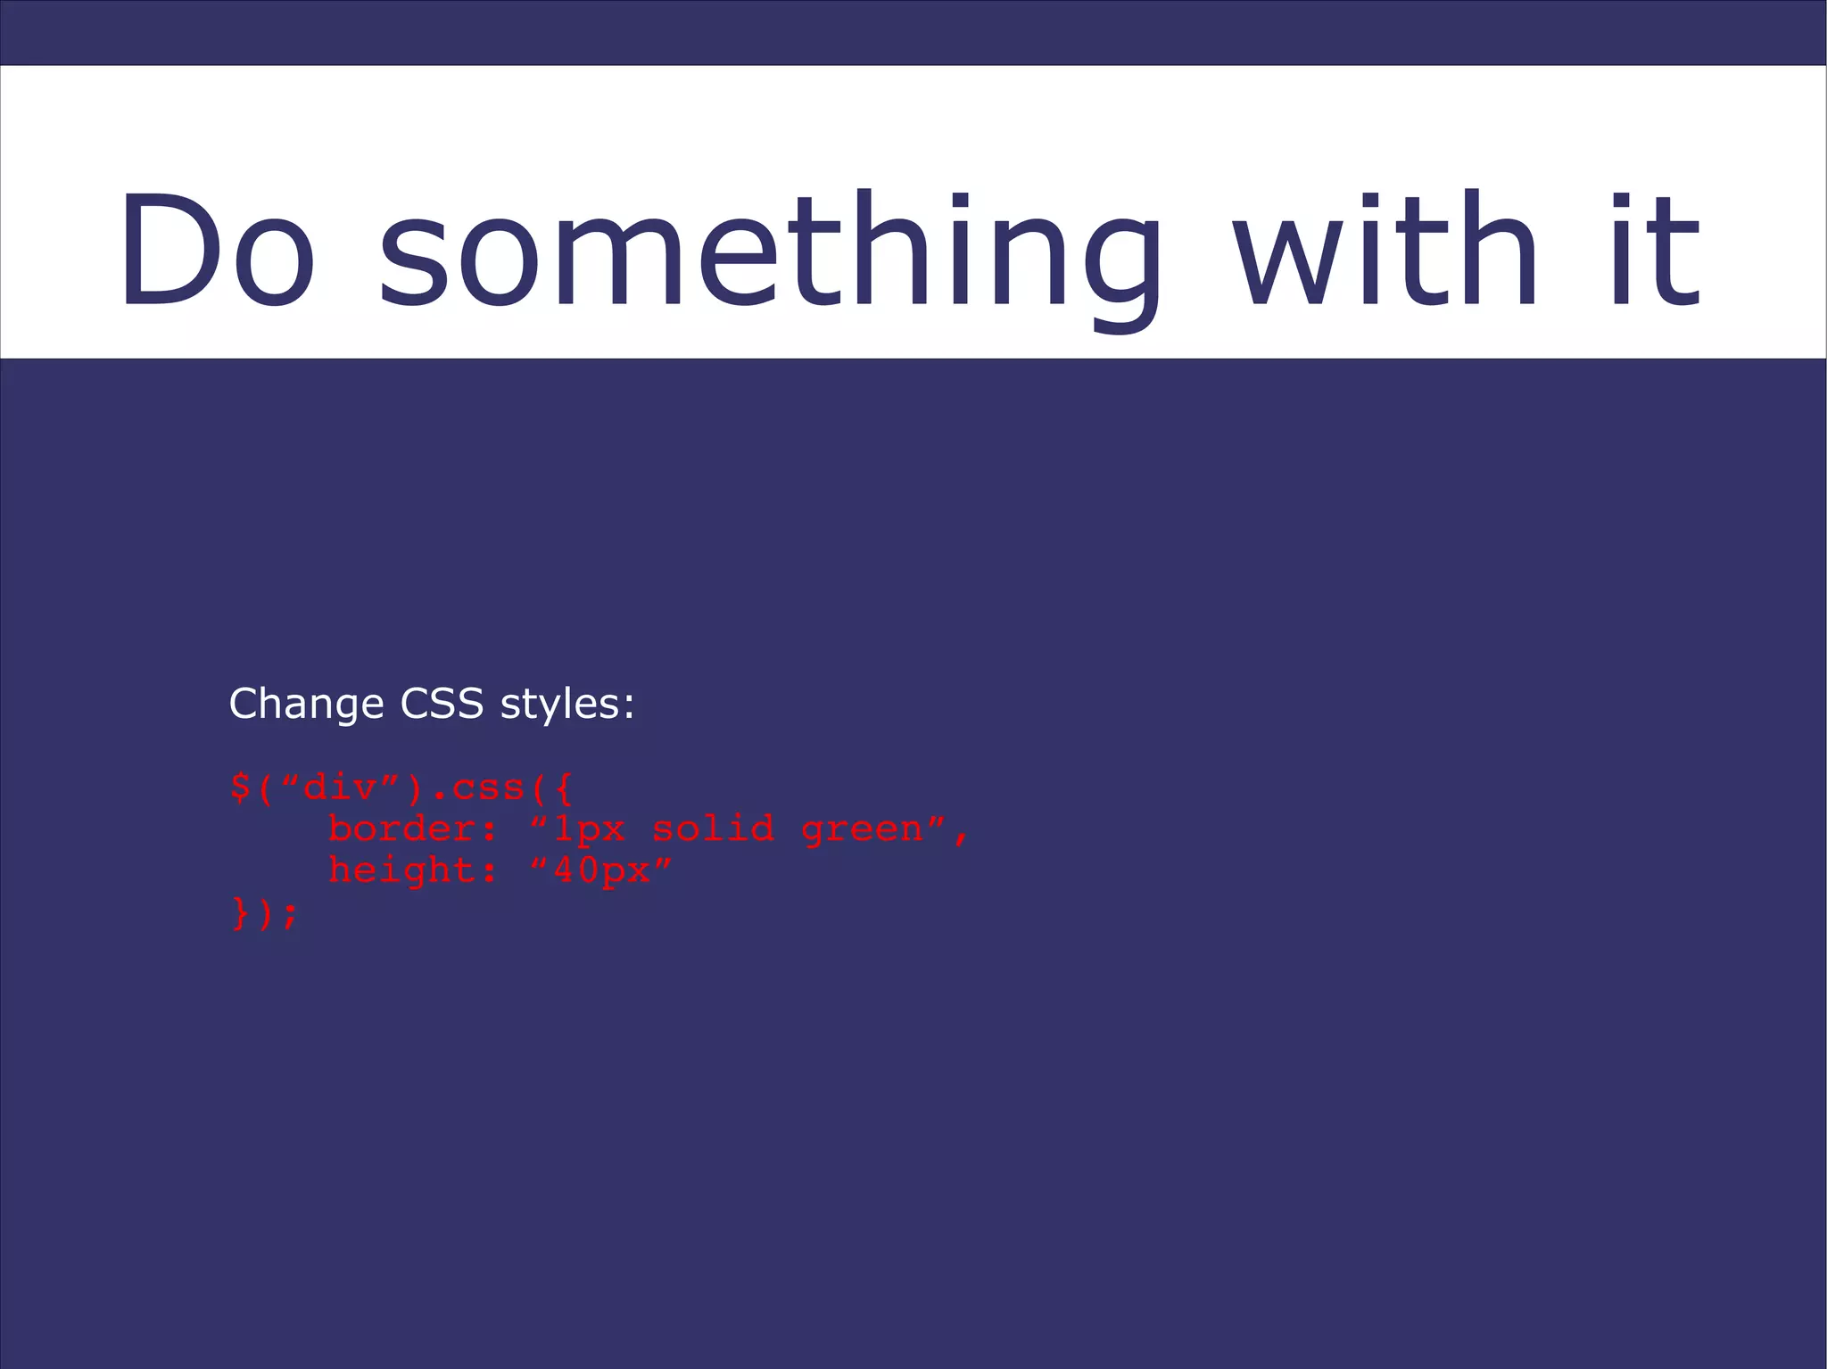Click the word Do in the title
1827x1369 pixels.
pyautogui.click(x=218, y=250)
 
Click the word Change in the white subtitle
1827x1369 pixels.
pyautogui.click(x=306, y=705)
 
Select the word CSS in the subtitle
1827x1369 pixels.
pyautogui.click(x=442, y=704)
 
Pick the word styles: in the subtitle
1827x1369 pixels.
pyautogui.click(x=567, y=705)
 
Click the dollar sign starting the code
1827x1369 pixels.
pyautogui.click(x=240, y=788)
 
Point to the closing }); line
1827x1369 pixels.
pyautogui.click(x=264, y=913)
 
